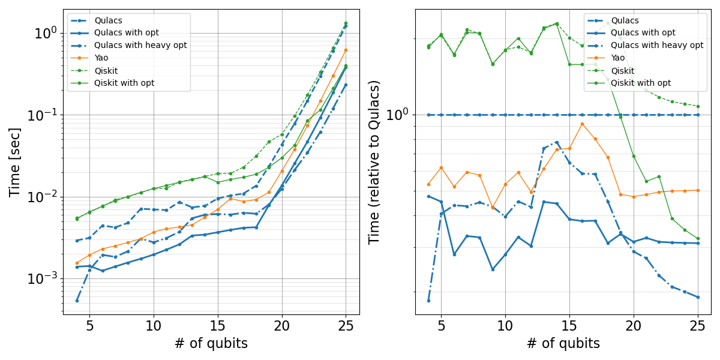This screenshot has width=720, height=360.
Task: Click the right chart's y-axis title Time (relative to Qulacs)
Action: (x=374, y=162)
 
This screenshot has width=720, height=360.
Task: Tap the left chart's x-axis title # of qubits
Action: (x=211, y=343)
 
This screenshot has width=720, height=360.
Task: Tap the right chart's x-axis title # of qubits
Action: (x=563, y=343)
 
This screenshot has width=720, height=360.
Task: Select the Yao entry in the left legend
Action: (x=101, y=58)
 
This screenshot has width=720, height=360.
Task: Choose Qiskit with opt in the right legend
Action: (x=640, y=83)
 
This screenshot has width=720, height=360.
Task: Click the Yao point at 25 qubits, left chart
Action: (x=346, y=50)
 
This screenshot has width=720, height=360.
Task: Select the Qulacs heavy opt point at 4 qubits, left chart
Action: (x=77, y=300)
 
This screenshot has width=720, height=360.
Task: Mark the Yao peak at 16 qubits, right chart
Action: (x=582, y=124)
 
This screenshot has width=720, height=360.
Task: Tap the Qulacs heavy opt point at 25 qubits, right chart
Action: (x=698, y=297)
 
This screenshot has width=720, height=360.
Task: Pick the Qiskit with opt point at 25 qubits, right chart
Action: (x=698, y=239)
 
